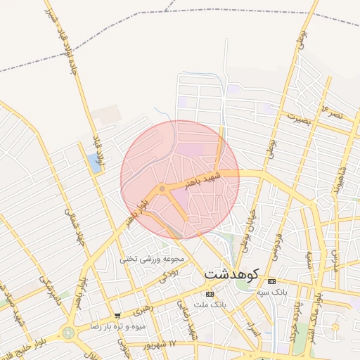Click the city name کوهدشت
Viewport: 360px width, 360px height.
233,273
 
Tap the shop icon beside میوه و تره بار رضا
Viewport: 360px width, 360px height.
117,316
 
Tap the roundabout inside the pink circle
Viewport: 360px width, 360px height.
162,188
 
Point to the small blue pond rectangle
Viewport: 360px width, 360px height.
94,163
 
